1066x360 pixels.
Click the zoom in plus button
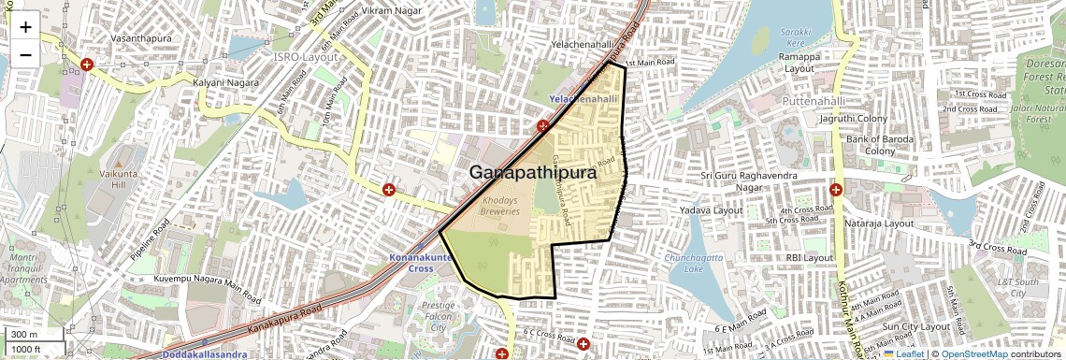click(x=25, y=27)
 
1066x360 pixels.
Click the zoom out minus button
click(x=25, y=54)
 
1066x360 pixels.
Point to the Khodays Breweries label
click(x=499, y=206)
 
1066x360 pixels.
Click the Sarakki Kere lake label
click(x=795, y=36)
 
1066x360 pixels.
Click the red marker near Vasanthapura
click(x=86, y=65)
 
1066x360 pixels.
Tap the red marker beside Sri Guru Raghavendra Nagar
click(x=835, y=189)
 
